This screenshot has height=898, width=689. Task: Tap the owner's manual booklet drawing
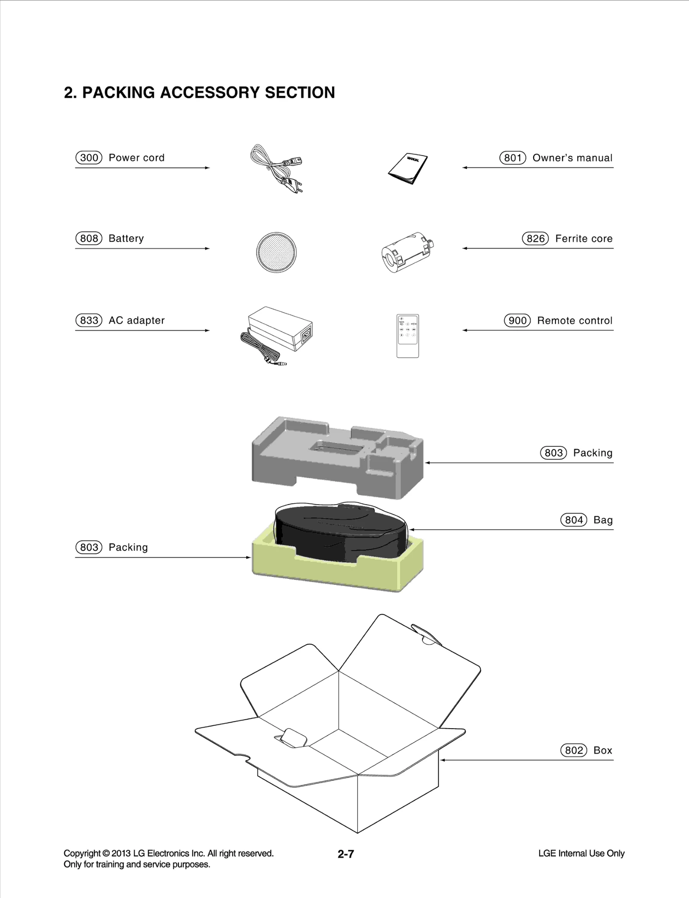[408, 168]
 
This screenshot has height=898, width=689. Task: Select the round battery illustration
[276, 252]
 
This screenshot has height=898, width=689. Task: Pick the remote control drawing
[407, 336]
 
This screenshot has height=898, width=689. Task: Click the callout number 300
[89, 158]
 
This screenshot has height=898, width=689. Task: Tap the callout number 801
[513, 158]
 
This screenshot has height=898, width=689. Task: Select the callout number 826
[535, 239]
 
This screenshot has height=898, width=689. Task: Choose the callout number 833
[89, 321]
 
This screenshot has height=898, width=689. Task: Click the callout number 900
[517, 321]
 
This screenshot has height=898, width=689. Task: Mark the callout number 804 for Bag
[574, 520]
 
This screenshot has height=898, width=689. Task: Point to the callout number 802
[574, 750]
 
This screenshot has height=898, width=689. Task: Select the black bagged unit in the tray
[340, 530]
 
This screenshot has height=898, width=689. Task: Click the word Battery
[126, 239]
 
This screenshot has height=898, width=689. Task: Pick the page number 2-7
[346, 854]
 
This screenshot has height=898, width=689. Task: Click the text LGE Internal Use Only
[581, 853]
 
